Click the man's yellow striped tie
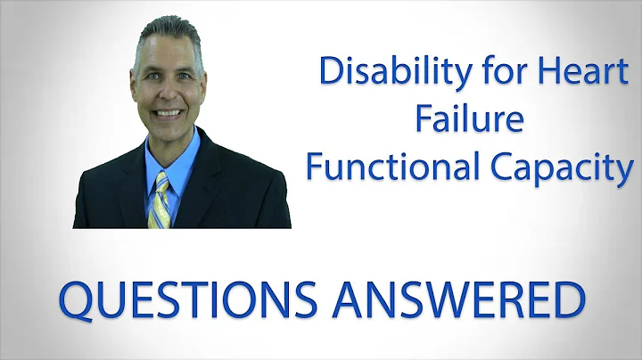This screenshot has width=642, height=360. pos(161,200)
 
